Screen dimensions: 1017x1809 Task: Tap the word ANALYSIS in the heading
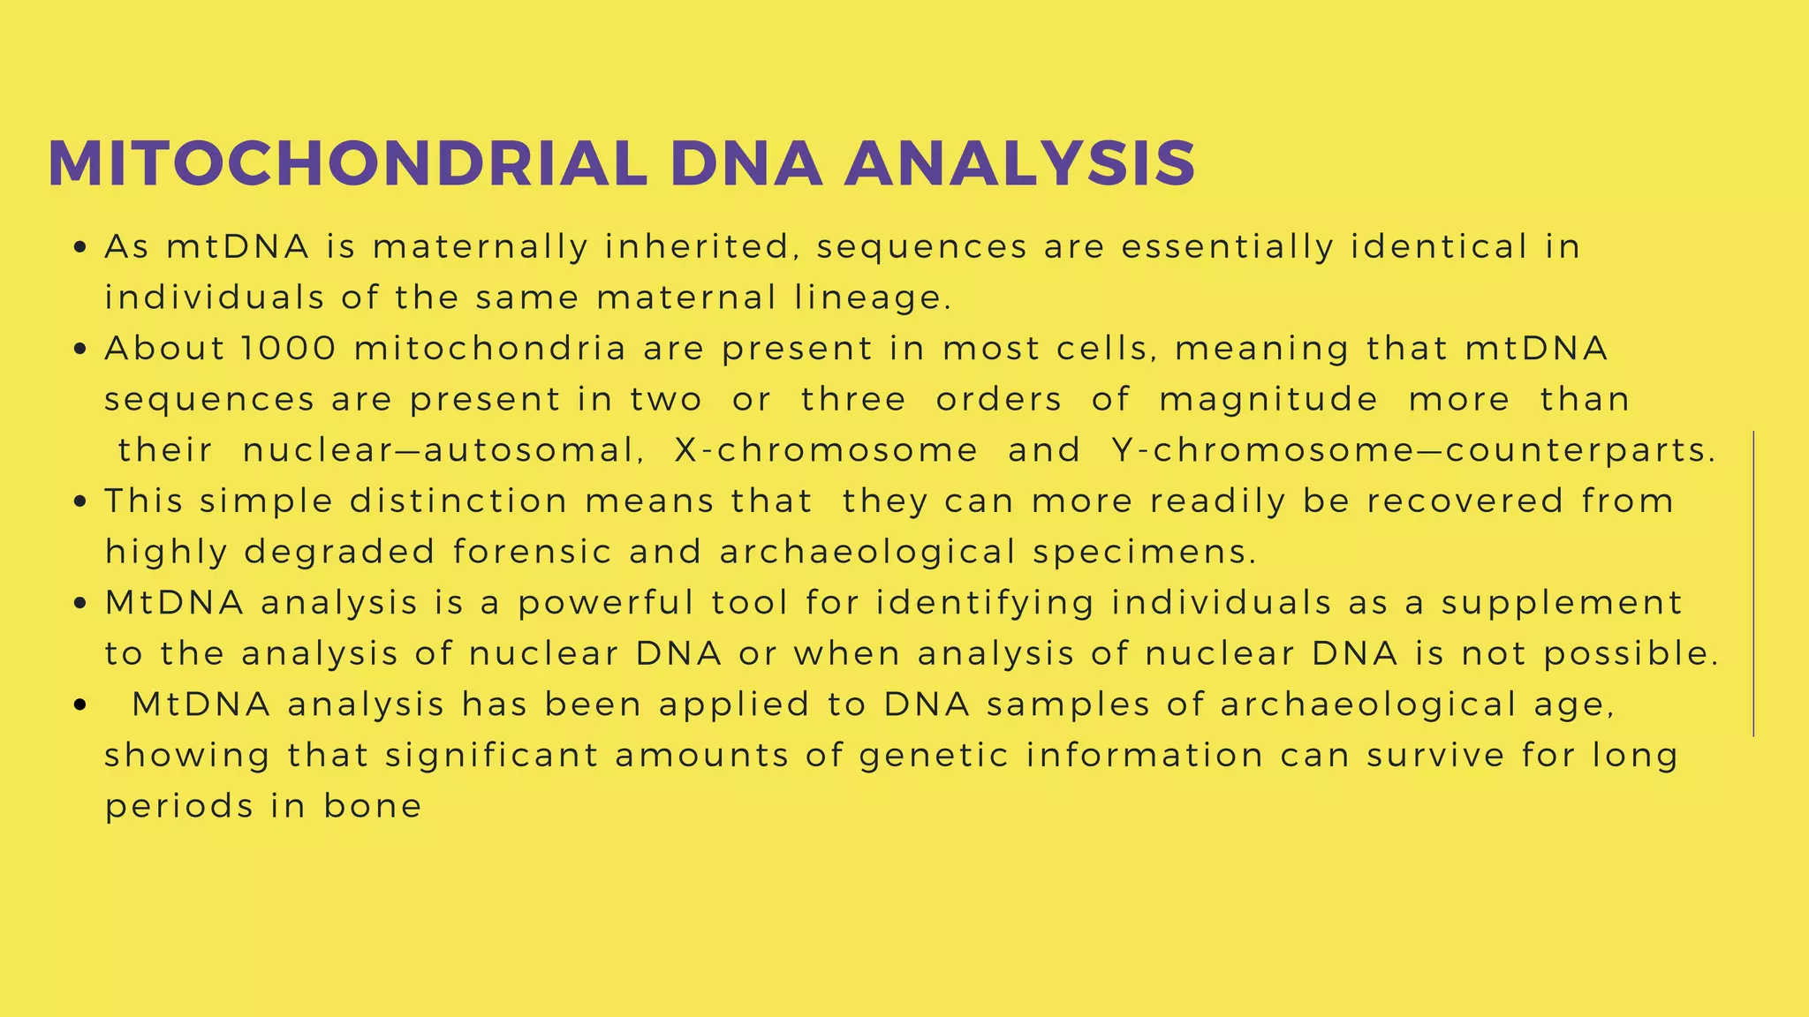1020,164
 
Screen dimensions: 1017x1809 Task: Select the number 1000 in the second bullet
289,349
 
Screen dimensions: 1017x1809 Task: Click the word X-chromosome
826,450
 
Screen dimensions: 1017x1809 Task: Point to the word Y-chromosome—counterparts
1413,450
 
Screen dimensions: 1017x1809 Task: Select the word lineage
872,298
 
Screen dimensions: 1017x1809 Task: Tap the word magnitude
1268,399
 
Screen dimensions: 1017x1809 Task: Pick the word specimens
1144,552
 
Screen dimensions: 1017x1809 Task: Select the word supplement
1562,603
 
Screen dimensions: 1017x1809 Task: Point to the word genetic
934,756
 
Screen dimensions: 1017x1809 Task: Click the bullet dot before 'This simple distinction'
80,502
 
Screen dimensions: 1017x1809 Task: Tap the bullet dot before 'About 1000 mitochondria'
80,350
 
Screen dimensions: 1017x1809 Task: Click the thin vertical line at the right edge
1753,583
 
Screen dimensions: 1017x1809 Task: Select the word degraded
339,552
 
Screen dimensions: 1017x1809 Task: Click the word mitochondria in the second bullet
490,349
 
